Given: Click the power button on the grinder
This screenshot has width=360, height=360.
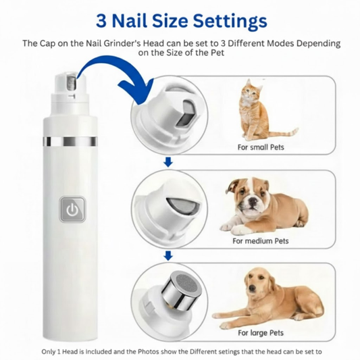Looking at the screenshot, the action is pos(72,209).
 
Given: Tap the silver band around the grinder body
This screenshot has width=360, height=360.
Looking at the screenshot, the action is pos(70,141).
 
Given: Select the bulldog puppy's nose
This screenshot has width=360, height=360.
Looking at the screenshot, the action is pos(253,201).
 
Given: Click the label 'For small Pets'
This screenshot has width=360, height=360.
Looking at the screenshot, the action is pos(261,147).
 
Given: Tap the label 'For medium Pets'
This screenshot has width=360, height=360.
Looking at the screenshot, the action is pos(261,241).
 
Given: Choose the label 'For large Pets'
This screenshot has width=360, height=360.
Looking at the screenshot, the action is pos(261,333).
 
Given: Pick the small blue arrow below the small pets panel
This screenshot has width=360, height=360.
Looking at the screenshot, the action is pos(168,162).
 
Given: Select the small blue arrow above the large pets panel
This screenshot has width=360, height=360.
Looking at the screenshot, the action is pos(169,255).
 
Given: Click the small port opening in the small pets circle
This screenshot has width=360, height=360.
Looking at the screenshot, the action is pos(186,113).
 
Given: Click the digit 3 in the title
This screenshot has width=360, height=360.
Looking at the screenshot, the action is pos(101,21).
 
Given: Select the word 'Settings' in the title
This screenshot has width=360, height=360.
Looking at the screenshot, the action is pos(230,22).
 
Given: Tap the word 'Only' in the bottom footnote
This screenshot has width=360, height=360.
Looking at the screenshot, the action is pos(48,351).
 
